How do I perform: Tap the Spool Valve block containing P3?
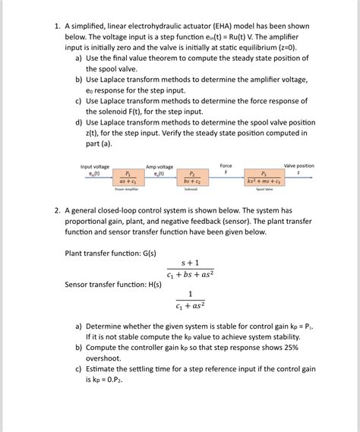(x=263, y=178)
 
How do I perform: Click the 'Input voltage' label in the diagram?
(x=95, y=166)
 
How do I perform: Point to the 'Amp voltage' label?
(x=159, y=166)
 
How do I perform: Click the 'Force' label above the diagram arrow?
(x=226, y=166)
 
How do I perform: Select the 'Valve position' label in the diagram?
(x=298, y=166)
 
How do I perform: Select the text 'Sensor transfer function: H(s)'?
(x=115, y=285)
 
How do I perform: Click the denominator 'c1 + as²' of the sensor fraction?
(x=190, y=307)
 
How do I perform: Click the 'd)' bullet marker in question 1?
(x=79, y=121)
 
